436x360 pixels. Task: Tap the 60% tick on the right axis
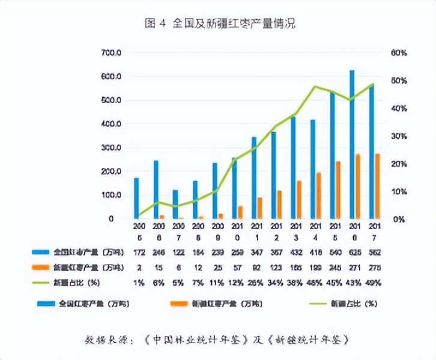399,53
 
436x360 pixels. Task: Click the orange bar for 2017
377,186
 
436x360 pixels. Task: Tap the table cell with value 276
376,266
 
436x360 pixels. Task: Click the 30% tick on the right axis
399,136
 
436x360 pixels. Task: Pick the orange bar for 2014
318,196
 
